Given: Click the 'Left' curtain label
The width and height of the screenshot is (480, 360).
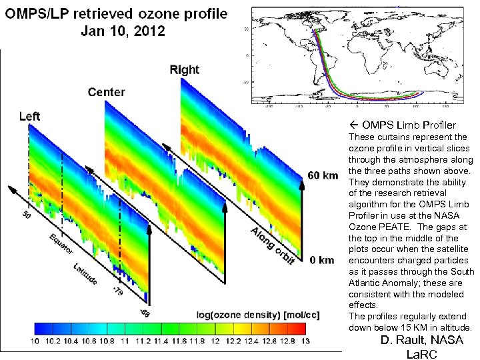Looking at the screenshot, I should click(x=29, y=116).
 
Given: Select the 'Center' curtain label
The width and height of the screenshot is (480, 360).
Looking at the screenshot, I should click(x=106, y=91).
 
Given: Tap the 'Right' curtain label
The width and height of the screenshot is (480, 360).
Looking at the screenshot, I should click(x=184, y=69).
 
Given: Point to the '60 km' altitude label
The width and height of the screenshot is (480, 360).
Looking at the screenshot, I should click(x=323, y=176).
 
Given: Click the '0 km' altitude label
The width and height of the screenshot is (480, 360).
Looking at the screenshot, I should click(x=322, y=260).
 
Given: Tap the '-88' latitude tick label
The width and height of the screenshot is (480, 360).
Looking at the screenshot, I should click(x=145, y=312).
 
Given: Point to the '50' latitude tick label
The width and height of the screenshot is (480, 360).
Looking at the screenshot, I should click(x=26, y=215).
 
